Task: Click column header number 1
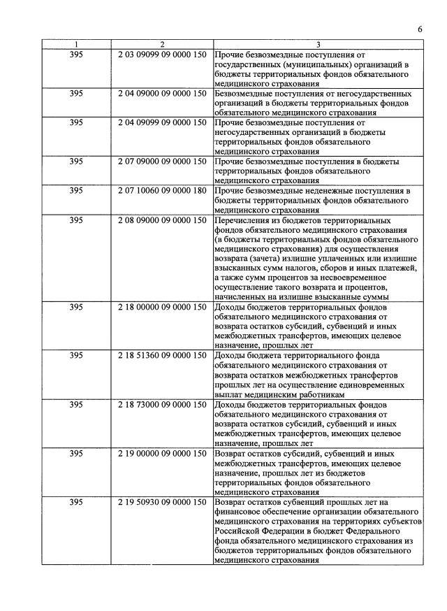77,44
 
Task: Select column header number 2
162,44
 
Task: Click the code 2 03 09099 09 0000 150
162,54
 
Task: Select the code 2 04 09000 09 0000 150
162,93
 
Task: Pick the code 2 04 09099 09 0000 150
162,122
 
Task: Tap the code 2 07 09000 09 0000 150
162,161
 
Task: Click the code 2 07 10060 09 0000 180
162,191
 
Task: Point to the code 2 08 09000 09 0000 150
162,220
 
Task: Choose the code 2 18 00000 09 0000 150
162,307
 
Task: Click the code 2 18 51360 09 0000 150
162,356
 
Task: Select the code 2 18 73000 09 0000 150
162,405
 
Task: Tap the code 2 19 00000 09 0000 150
162,454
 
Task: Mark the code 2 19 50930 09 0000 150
162,502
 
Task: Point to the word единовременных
367,385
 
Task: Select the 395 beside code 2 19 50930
77,502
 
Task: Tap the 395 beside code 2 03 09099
77,54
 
